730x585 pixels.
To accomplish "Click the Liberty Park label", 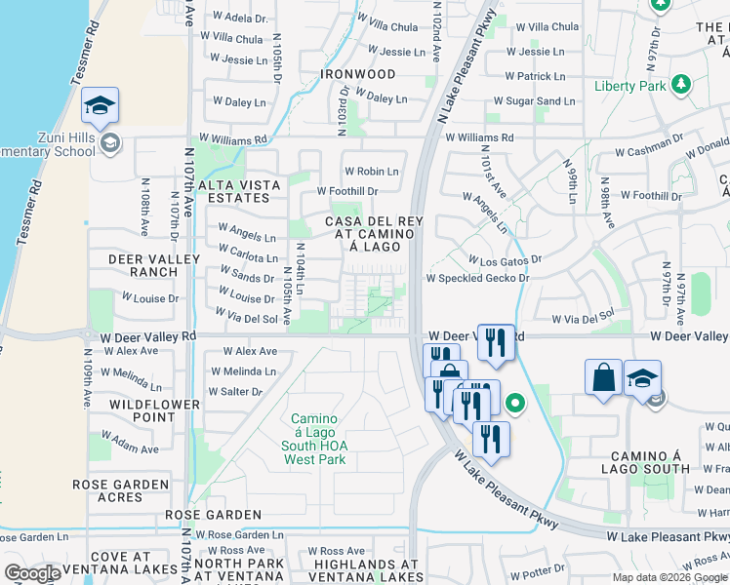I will tap(629, 86).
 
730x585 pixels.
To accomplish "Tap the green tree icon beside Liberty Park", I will tap(682, 85).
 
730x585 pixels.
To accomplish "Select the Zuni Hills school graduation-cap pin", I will tap(100, 106).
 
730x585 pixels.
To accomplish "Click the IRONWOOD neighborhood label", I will tap(360, 74).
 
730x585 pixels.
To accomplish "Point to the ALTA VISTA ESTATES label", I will tap(239, 191).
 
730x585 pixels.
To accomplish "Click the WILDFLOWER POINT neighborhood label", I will tap(142, 410).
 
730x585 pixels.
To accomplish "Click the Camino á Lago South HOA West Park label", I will tap(314, 439).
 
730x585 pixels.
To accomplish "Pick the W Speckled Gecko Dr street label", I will tap(476, 278).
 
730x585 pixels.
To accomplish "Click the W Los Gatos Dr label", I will tap(505, 261).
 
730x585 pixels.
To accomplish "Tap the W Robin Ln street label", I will tap(371, 172).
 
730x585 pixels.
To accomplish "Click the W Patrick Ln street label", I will tap(535, 76).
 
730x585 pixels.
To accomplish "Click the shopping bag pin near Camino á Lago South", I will tap(604, 376).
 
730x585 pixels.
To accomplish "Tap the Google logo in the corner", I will tap(33, 573).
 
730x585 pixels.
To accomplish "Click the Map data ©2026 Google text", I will tap(669, 577).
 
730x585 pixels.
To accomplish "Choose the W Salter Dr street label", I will tap(235, 392).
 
